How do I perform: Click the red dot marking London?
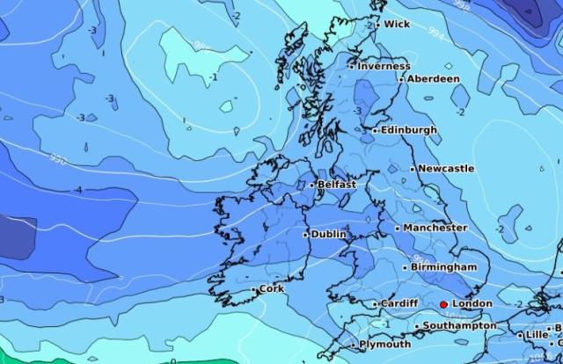click(443, 304)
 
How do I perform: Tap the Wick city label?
click(397, 25)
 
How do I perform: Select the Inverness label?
click(384, 66)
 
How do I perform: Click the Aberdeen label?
click(434, 78)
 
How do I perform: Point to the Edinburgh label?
click(409, 130)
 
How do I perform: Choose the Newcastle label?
click(446, 168)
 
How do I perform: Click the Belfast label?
click(337, 185)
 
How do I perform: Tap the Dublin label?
click(329, 235)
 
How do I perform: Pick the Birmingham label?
click(444, 267)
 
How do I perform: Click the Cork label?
click(272, 288)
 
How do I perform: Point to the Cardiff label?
click(399, 304)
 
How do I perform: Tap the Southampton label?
click(459, 326)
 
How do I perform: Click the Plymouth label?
click(385, 345)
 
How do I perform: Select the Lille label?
click(536, 335)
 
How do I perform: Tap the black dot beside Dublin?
click(305, 235)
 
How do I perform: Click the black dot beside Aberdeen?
click(402, 79)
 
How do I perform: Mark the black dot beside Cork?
click(254, 289)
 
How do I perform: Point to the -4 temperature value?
click(78, 190)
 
